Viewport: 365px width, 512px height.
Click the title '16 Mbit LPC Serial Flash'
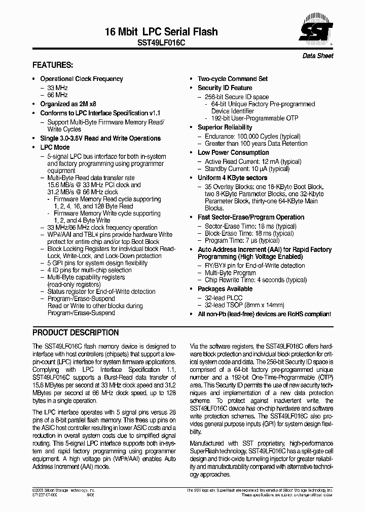[161, 32]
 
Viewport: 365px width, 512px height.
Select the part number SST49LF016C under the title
[162, 44]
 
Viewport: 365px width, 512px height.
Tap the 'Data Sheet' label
[318, 56]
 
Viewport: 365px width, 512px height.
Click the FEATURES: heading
[53, 65]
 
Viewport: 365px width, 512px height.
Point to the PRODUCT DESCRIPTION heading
[76, 333]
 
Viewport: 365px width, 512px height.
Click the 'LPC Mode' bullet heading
[55, 147]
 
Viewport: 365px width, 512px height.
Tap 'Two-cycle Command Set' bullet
[232, 79]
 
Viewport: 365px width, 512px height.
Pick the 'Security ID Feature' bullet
[225, 88]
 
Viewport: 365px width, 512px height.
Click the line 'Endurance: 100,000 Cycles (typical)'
[252, 137]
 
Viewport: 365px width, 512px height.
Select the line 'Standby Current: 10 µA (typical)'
[247, 169]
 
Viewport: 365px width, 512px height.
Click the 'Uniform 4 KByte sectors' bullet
[232, 178]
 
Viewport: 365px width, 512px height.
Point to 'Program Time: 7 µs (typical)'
[242, 240]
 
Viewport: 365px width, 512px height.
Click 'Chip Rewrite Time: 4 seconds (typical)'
[255, 280]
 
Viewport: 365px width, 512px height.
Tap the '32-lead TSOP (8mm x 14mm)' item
[244, 305]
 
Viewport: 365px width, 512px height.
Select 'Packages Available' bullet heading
[225, 289]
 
